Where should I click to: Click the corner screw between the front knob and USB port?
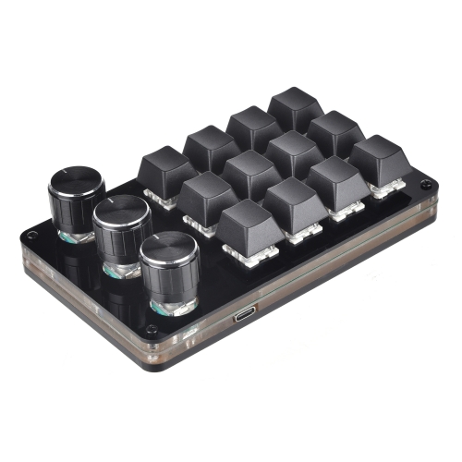click(x=151, y=329)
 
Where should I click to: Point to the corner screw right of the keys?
click(x=427, y=185)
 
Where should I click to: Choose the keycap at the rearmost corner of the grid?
click(x=296, y=106)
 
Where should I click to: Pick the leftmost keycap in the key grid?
click(x=166, y=168)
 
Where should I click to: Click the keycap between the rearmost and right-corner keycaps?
click(x=337, y=131)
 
